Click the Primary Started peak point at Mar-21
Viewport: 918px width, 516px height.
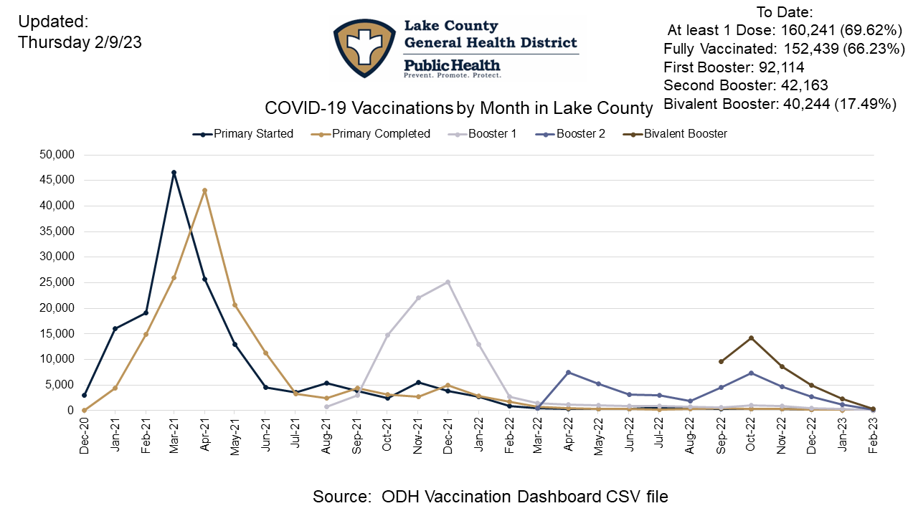tap(174, 173)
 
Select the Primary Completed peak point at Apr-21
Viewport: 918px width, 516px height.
tap(204, 191)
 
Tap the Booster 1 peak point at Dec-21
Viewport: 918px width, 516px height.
tap(448, 282)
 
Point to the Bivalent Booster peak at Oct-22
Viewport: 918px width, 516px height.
tap(751, 338)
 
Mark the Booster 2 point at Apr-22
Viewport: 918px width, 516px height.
tap(569, 372)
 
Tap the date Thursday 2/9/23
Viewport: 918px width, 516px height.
tap(80, 42)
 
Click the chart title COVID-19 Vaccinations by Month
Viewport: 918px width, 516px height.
tap(459, 108)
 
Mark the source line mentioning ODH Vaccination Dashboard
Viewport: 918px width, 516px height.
tap(491, 496)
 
